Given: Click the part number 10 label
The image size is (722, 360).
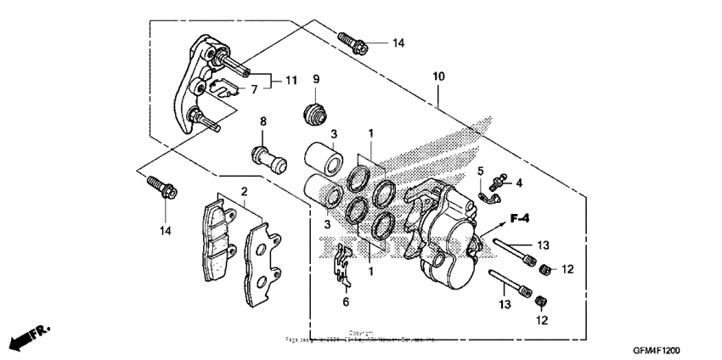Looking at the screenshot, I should pos(437,77).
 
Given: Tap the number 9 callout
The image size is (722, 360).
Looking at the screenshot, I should pos(315,80).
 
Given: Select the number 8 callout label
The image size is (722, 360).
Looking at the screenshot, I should pos(263,121).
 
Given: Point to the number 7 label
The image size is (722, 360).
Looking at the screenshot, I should pos(252,89).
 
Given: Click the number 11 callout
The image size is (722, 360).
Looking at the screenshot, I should pos(290,81).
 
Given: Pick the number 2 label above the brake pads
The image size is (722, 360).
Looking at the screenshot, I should pos(243,192).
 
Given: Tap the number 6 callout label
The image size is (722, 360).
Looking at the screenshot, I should pos(345,302).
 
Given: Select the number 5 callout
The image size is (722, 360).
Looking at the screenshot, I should pos(479,172).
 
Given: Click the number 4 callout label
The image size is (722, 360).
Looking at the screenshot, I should pos(519,182).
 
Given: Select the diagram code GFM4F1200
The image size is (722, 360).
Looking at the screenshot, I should pos(655,349).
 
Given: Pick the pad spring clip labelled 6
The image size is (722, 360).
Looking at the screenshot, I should pos(342,265).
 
